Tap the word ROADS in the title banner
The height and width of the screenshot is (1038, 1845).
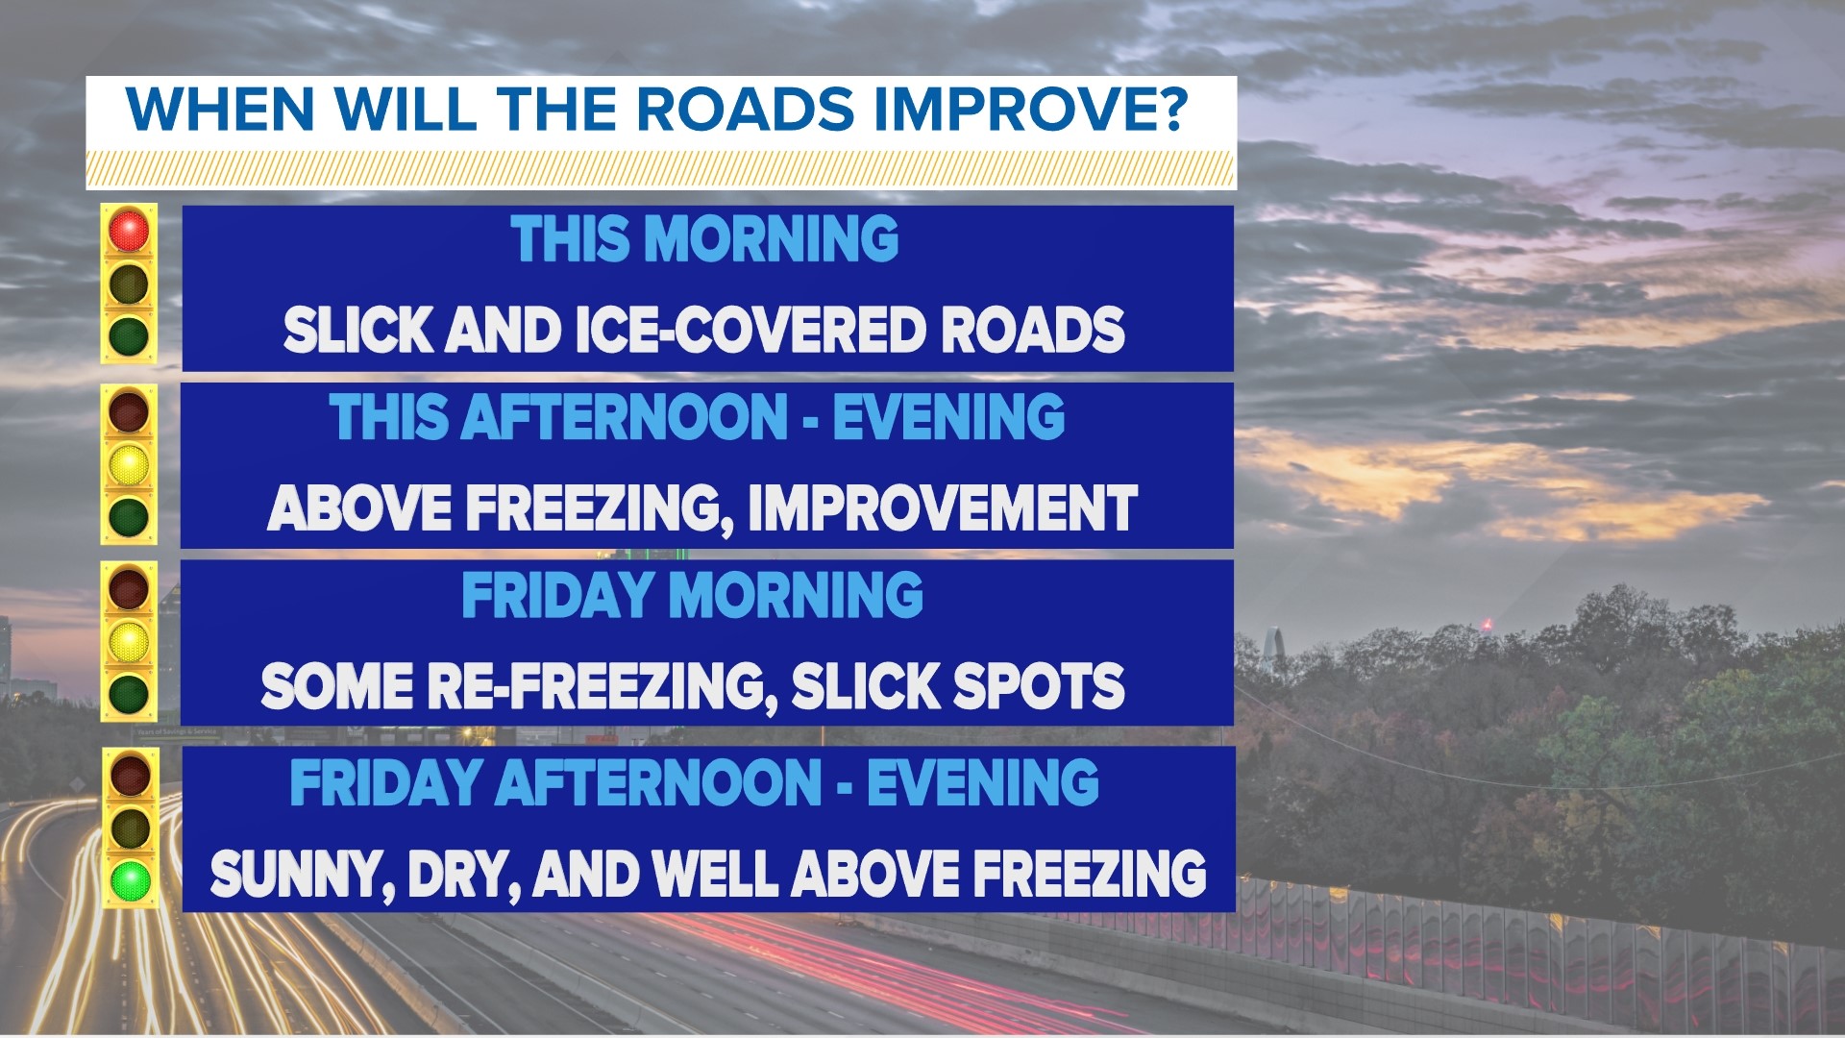point(745,109)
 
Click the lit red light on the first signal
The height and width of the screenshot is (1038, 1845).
point(129,231)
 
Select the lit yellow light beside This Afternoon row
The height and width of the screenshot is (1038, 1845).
point(129,464)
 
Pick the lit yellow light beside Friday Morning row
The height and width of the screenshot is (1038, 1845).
point(129,641)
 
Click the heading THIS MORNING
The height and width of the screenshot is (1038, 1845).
point(704,239)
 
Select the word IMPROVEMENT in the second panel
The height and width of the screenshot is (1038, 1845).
point(942,507)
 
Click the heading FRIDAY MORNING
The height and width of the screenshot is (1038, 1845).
point(692,596)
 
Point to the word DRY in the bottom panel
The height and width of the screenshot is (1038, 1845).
point(461,875)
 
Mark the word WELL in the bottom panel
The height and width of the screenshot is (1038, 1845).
point(716,875)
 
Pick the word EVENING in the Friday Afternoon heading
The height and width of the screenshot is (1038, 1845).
point(982,783)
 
